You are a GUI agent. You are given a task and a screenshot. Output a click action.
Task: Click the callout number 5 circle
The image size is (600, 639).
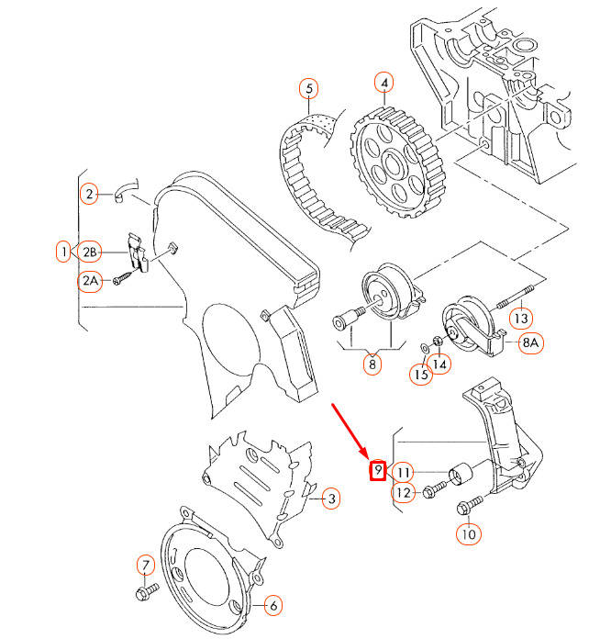pyautogui.click(x=309, y=89)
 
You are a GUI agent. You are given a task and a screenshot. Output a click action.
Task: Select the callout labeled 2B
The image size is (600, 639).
pyautogui.click(x=90, y=251)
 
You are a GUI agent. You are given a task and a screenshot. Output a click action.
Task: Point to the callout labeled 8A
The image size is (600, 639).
pyautogui.click(x=532, y=344)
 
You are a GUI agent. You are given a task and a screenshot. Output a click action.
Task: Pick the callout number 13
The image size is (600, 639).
pyautogui.click(x=521, y=319)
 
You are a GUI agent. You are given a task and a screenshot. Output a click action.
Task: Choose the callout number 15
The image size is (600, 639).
pyautogui.click(x=420, y=375)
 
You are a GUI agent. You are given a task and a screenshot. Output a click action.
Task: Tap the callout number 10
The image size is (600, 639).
pyautogui.click(x=469, y=532)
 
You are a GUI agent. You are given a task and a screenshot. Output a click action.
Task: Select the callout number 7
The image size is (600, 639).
pyautogui.click(x=145, y=564)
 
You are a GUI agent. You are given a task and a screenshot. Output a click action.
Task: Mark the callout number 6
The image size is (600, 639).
pyautogui.click(x=273, y=605)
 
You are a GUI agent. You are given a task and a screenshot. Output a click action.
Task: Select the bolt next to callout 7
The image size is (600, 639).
pyautogui.click(x=144, y=593)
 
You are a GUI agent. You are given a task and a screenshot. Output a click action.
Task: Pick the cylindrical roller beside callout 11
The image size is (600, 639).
pyautogui.click(x=458, y=476)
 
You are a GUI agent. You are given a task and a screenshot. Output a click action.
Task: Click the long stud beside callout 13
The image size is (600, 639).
pyautogui.click(x=514, y=298)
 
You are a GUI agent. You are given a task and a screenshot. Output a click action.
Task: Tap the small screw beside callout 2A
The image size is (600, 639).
pyautogui.click(x=122, y=278)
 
